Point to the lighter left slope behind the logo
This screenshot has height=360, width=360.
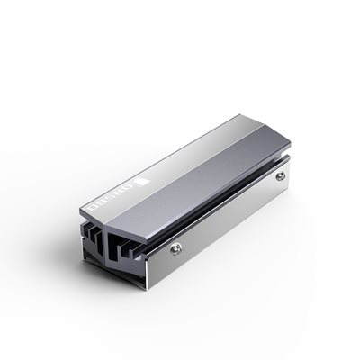[171, 144]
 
